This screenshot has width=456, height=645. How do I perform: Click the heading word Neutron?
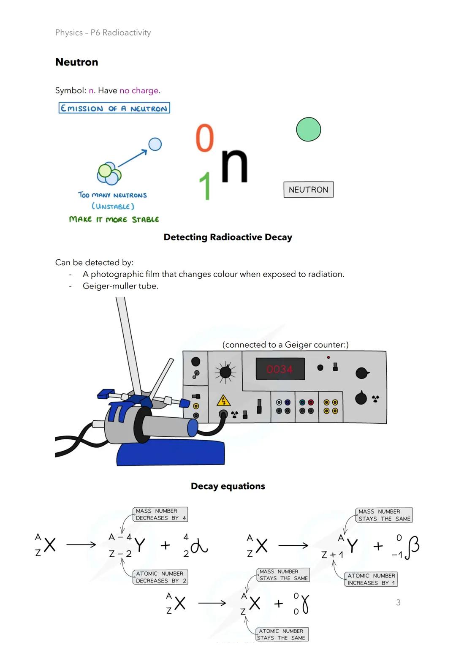point(76,62)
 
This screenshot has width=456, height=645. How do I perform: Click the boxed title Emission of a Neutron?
point(114,108)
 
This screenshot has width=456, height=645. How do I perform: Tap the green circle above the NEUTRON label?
point(308,129)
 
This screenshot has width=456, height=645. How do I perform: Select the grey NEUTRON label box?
point(308,190)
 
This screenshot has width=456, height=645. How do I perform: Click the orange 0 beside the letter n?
point(205,138)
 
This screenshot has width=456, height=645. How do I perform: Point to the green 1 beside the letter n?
point(205,186)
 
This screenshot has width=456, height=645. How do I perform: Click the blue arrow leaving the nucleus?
point(133,158)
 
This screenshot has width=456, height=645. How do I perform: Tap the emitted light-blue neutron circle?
point(155,144)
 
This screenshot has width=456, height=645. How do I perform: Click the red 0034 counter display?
point(280,369)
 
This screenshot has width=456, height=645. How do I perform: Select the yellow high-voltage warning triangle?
point(223,401)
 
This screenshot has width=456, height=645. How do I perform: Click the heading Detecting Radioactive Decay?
point(228,237)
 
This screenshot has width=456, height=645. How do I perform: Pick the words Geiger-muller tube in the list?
point(120,286)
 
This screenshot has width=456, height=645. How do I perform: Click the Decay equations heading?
point(228,486)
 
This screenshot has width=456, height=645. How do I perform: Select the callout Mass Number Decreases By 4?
point(160,514)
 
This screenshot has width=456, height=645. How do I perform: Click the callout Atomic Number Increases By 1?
point(371,579)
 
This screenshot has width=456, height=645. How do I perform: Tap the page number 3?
point(398,602)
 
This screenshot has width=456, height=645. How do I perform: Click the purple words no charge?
point(139,91)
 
